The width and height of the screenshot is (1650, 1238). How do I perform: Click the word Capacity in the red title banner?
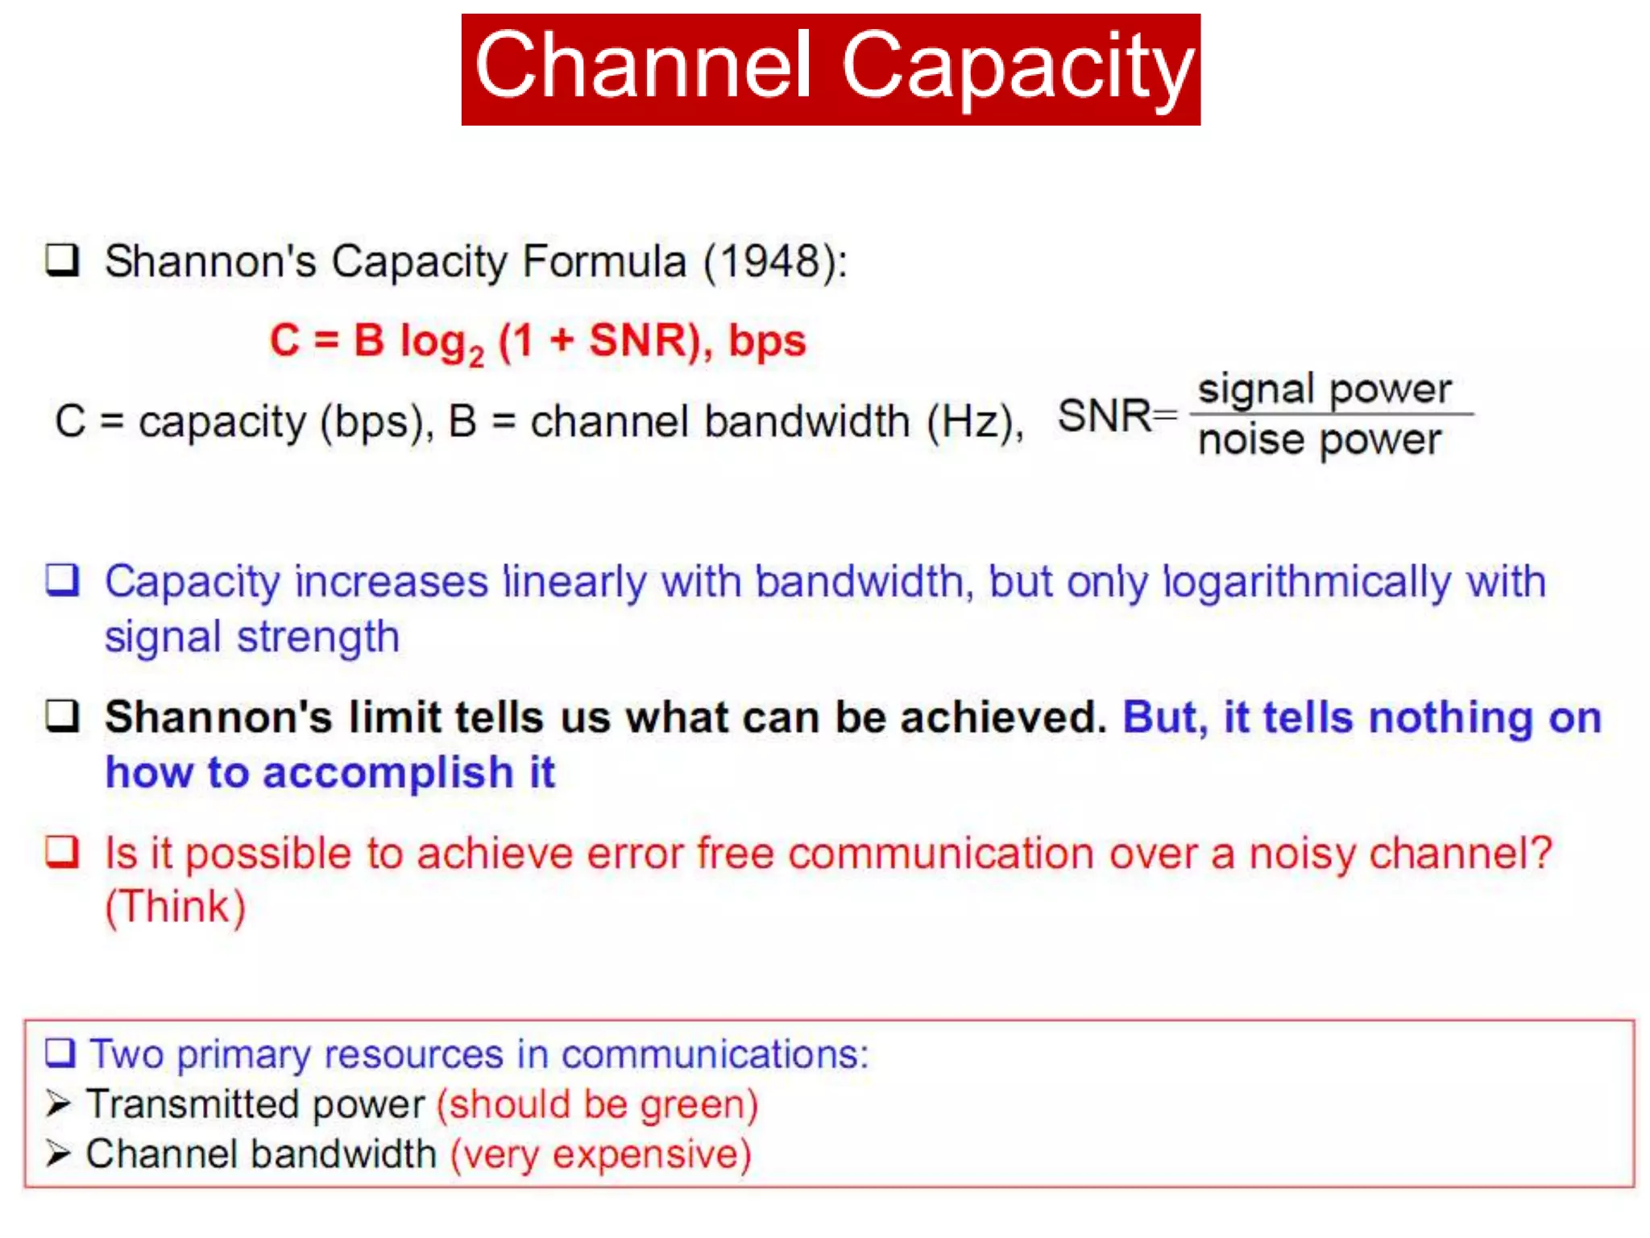tap(1017, 66)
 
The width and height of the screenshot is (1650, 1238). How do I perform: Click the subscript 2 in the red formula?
tap(477, 356)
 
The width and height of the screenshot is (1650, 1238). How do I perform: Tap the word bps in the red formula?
tap(767, 340)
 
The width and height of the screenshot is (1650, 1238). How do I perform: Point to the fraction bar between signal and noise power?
tap(1331, 414)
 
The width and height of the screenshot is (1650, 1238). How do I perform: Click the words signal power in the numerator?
tap(1325, 389)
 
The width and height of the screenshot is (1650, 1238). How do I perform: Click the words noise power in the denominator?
tap(1320, 440)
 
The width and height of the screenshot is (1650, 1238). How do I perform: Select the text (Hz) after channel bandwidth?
tap(973, 422)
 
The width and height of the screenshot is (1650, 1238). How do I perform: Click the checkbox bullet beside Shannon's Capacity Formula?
tap(62, 260)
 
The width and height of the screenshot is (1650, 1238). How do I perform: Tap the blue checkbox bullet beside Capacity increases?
tap(62, 580)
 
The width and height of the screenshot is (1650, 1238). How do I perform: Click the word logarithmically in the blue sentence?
tap(1306, 582)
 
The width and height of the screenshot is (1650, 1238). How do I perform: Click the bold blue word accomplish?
tap(388, 772)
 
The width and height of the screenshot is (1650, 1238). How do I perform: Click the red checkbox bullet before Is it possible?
tap(62, 851)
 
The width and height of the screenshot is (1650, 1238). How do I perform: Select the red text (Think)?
tap(176, 907)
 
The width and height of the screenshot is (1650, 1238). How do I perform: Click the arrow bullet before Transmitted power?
tap(58, 1103)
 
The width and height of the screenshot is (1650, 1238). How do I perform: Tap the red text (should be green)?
tap(597, 1104)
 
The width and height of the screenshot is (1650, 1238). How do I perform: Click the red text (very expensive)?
tap(600, 1154)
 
